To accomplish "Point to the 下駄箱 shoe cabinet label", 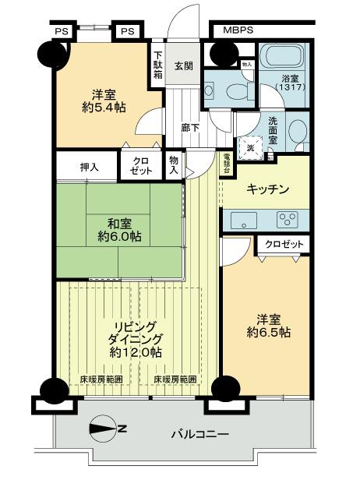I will click(157, 65).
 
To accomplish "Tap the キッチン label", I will click(268, 189).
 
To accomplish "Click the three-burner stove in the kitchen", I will click(285, 220).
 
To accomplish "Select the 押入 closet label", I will click(89, 166).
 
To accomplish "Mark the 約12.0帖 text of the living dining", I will click(136, 352).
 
